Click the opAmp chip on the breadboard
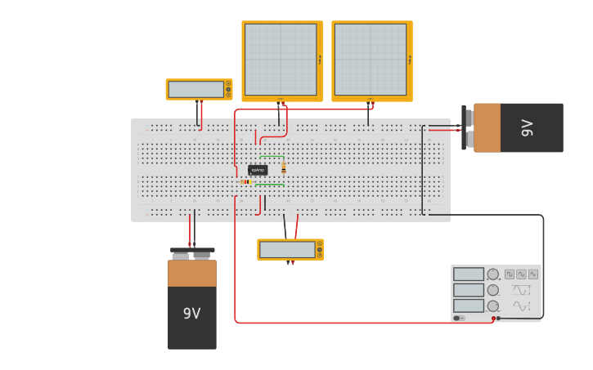pos(258,170)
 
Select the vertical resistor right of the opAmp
pos(284,168)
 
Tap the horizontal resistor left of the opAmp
pos(245,181)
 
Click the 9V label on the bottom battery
pos(191,314)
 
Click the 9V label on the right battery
pos(528,127)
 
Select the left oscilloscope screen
pos(281,60)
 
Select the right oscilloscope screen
pos(371,60)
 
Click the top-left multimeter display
pos(196,89)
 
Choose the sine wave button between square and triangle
pos(521,274)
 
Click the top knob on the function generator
pos(493,274)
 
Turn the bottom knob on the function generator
pos(493,305)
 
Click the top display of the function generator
pos(469,274)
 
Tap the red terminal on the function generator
pos(493,318)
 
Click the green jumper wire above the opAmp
pos(272,157)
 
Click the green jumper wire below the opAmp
pos(270,185)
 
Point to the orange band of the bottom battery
pos(192,273)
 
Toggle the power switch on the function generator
pos(459,318)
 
